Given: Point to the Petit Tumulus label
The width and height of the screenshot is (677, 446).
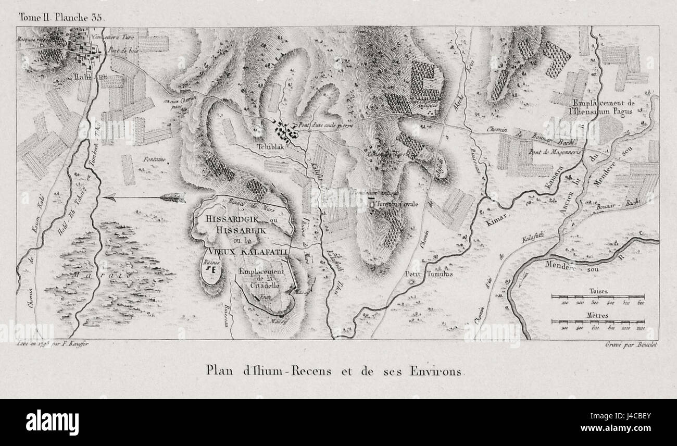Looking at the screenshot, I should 428,274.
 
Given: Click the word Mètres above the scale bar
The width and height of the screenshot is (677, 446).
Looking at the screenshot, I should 598,316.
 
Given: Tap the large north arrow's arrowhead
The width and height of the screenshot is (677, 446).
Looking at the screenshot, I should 109,197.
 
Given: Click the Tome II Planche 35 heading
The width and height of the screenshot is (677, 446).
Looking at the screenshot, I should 61,17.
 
